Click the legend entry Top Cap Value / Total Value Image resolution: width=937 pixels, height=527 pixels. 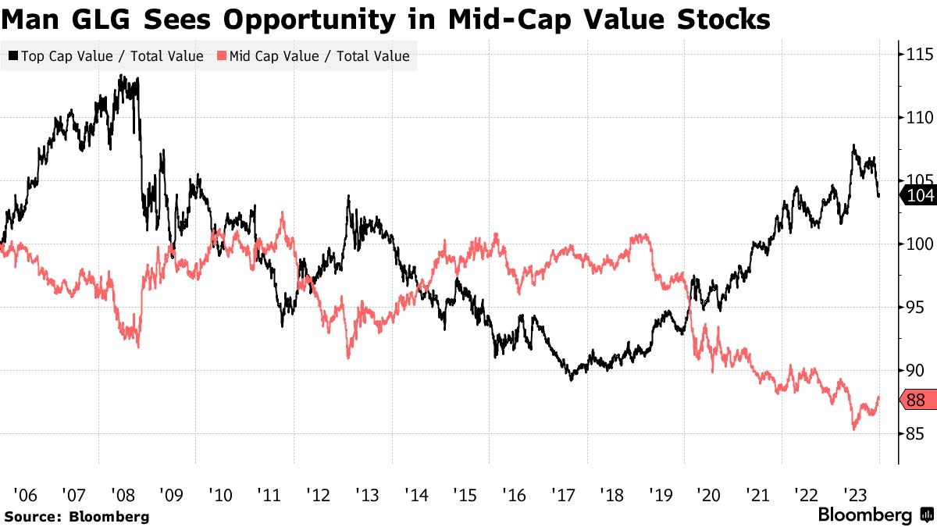pyautogui.click(x=105, y=56)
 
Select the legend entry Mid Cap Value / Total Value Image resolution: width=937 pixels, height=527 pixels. pyautogui.click(x=312, y=56)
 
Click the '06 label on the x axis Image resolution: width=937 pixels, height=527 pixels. pyautogui.click(x=25, y=494)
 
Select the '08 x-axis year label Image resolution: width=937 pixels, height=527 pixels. pyautogui.click(x=123, y=494)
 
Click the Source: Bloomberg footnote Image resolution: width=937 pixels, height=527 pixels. pyautogui.click(x=76, y=516)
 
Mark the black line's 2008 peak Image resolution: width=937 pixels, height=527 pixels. pyautogui.click(x=122, y=76)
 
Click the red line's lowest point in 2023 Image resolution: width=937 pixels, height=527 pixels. pyautogui.click(x=854, y=429)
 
